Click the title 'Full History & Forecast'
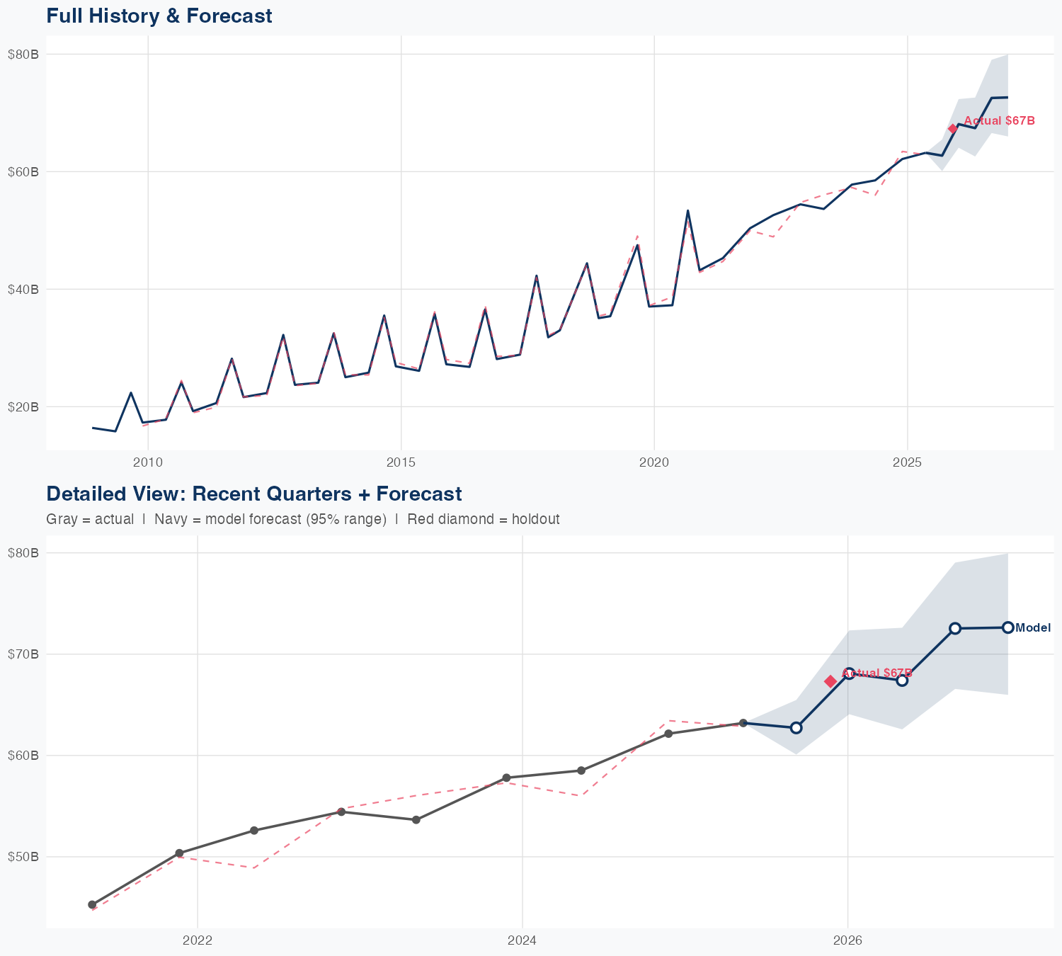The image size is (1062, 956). point(159,16)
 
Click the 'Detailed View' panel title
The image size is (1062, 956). point(253,494)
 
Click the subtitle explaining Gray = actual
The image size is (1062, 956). point(302,519)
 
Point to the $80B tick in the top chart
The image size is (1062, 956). point(23,54)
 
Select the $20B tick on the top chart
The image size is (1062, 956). point(23,406)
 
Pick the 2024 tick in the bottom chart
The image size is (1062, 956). point(522,941)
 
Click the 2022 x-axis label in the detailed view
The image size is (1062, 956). point(198,941)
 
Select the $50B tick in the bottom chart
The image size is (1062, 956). point(23,857)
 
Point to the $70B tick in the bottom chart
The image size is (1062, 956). point(23,654)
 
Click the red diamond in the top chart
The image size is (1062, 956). point(953,128)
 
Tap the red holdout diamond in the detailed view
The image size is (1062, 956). point(830,681)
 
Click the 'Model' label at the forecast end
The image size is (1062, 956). point(1033,627)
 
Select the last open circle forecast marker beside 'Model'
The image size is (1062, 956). point(1007,627)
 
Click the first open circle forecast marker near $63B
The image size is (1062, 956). point(796,727)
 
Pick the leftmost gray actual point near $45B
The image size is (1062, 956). point(92,904)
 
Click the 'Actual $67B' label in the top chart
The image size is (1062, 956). point(999,121)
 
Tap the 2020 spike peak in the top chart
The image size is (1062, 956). point(687,210)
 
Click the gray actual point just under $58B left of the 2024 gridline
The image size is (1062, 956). point(506,778)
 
